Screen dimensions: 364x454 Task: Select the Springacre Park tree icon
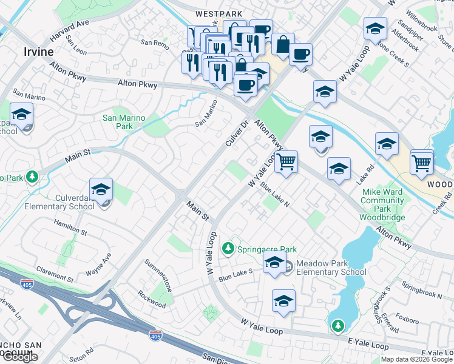point(228,248)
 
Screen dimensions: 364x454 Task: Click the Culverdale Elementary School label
point(59,201)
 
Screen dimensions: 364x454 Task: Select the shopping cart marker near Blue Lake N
point(286,162)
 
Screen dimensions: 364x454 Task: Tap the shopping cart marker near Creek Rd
point(422,161)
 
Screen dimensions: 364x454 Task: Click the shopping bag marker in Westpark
point(282,44)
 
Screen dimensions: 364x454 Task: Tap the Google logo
point(20,357)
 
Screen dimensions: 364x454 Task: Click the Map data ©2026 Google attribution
point(417,359)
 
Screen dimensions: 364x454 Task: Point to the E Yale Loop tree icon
point(338,326)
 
